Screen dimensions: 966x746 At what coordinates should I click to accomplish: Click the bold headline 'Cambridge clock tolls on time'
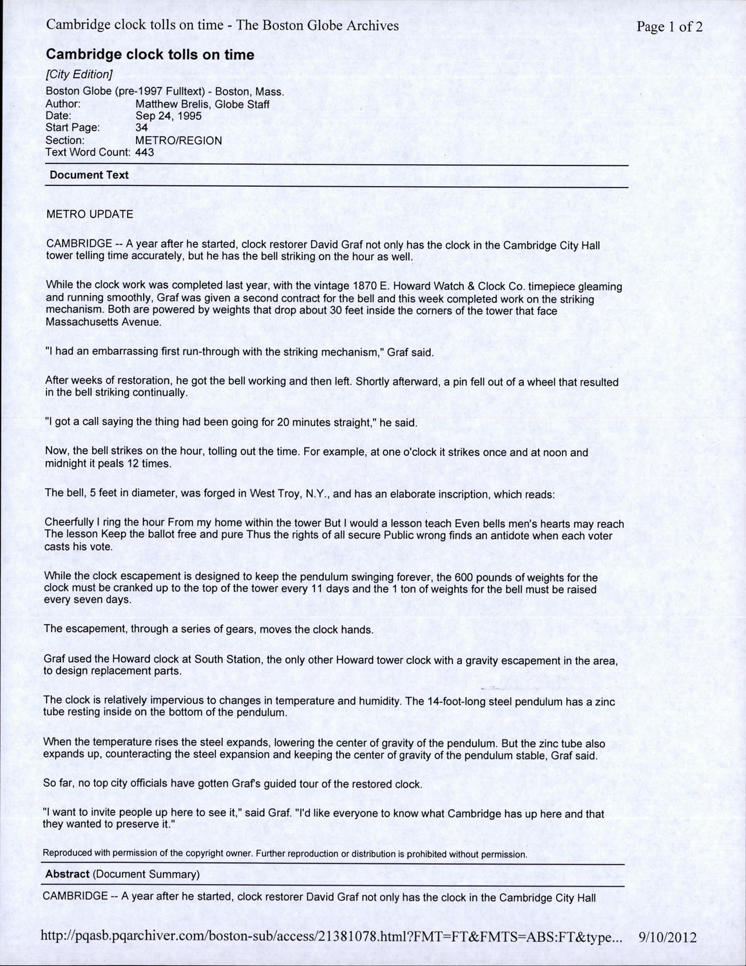pyautogui.click(x=150, y=55)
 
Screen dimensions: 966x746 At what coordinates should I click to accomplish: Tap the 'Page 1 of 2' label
pyautogui.click(x=669, y=26)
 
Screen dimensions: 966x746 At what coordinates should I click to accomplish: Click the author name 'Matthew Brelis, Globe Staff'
pyautogui.click(x=202, y=104)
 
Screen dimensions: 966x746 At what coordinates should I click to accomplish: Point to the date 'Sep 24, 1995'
pyautogui.click(x=168, y=116)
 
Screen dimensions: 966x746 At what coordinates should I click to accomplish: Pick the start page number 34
pyautogui.click(x=142, y=128)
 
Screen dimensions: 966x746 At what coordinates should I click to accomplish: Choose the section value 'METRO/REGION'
pyautogui.click(x=178, y=140)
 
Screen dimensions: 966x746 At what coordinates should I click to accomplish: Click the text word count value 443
pyautogui.click(x=144, y=152)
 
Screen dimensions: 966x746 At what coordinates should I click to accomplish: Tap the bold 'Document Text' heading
pyautogui.click(x=89, y=175)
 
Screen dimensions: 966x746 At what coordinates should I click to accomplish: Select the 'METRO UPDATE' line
pyautogui.click(x=90, y=214)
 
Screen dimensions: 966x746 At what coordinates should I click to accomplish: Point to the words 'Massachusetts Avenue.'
pyautogui.click(x=103, y=322)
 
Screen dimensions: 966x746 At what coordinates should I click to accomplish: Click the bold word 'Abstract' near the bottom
pyautogui.click(x=67, y=874)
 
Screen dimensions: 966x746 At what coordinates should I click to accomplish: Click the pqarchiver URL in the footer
pyautogui.click(x=332, y=937)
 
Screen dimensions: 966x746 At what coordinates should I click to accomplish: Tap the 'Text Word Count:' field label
pyautogui.click(x=88, y=152)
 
